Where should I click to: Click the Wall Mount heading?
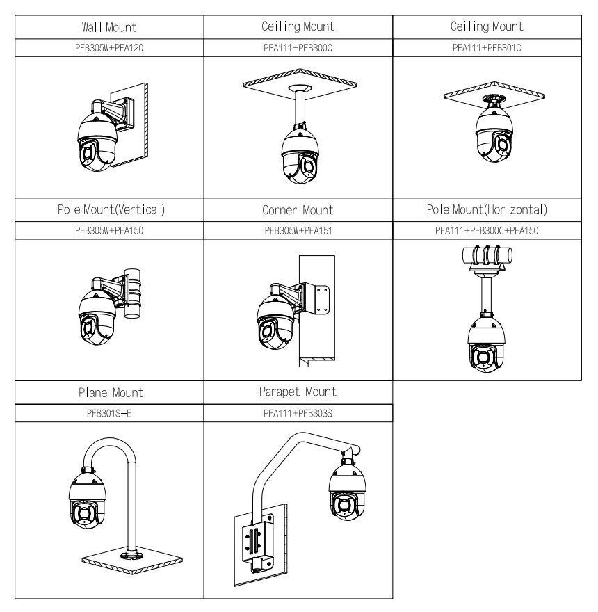(x=108, y=27)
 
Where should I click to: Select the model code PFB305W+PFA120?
(x=108, y=47)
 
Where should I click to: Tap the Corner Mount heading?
(x=298, y=209)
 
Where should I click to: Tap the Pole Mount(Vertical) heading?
(x=108, y=209)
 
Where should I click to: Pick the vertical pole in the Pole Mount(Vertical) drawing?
(x=133, y=292)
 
